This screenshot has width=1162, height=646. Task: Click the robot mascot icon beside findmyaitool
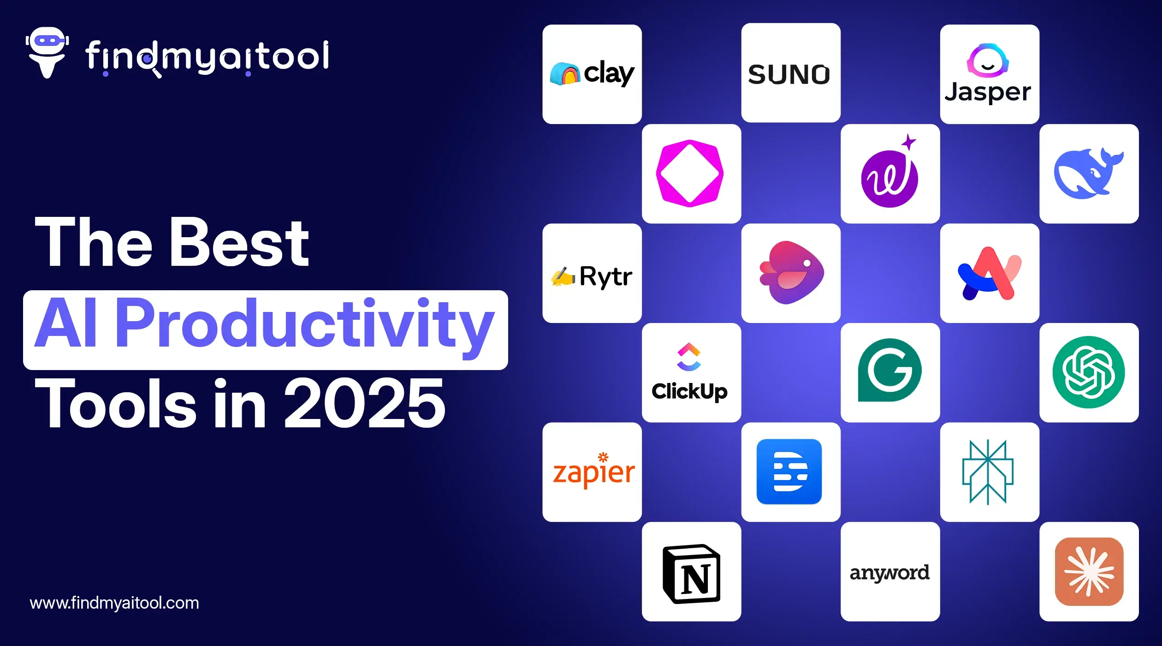(x=47, y=52)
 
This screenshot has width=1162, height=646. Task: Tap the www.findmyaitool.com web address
(x=114, y=603)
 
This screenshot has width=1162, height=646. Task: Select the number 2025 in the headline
(x=365, y=403)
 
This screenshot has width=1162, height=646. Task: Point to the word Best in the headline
(x=239, y=242)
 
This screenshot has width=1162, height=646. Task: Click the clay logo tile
(x=592, y=74)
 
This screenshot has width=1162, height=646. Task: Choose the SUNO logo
(x=789, y=74)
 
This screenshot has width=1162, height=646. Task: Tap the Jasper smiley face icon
(x=988, y=60)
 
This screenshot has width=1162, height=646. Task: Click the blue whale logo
(x=1089, y=173)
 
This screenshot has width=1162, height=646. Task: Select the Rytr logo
(x=592, y=276)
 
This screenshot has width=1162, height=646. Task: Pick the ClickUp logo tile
(x=691, y=373)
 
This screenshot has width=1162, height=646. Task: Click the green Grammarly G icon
(x=890, y=371)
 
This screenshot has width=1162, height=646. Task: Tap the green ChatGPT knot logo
(x=1089, y=372)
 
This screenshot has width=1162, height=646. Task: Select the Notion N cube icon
(x=691, y=574)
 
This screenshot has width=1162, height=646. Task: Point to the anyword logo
(x=889, y=573)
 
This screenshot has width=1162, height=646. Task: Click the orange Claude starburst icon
(x=1089, y=572)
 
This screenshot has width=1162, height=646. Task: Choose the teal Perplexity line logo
(x=988, y=472)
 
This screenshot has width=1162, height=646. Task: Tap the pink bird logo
(x=791, y=272)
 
